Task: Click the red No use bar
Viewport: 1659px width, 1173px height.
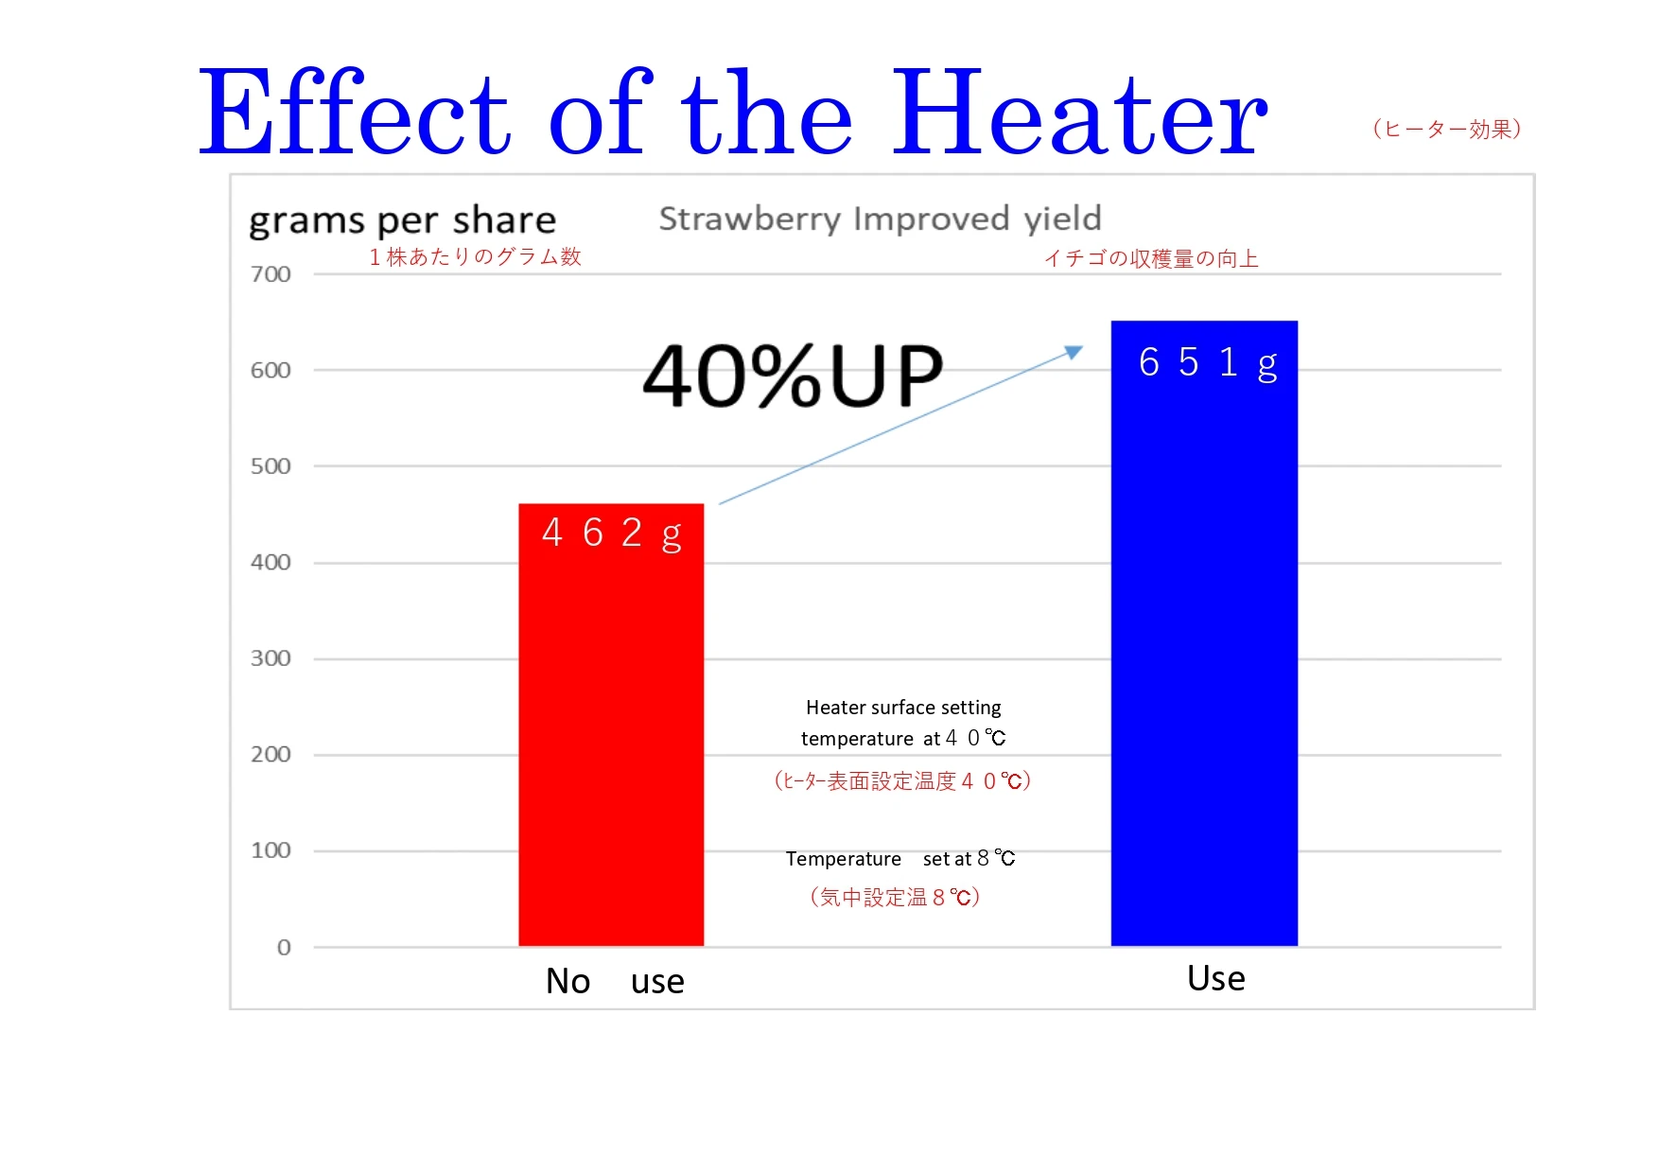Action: (x=611, y=738)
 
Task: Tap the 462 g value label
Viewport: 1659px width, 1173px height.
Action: (x=611, y=534)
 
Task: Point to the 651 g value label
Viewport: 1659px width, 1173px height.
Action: (x=1207, y=362)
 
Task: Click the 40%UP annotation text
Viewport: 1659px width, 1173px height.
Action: (x=793, y=376)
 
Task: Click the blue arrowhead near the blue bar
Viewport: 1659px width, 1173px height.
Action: (x=1074, y=352)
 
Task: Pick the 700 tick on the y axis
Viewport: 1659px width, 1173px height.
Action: (x=271, y=274)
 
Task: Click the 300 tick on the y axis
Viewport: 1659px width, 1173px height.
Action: (x=271, y=658)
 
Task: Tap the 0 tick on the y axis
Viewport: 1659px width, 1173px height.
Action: (x=283, y=947)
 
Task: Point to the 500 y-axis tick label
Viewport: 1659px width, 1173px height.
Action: (x=271, y=466)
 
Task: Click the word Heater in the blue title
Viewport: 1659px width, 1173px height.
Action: (x=1078, y=114)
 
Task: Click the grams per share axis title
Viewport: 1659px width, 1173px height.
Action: (x=402, y=220)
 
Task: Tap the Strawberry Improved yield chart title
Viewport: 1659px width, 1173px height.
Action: (x=880, y=219)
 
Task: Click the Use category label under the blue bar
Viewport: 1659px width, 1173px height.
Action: (x=1215, y=978)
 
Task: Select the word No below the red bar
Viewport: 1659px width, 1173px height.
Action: (x=568, y=981)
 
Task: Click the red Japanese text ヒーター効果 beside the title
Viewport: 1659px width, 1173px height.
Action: (x=1446, y=129)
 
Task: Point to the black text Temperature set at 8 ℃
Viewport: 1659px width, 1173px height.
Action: (x=899, y=858)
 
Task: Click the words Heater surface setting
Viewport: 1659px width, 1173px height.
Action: (x=902, y=708)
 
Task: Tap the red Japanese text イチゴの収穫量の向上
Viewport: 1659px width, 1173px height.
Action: (x=1150, y=258)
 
